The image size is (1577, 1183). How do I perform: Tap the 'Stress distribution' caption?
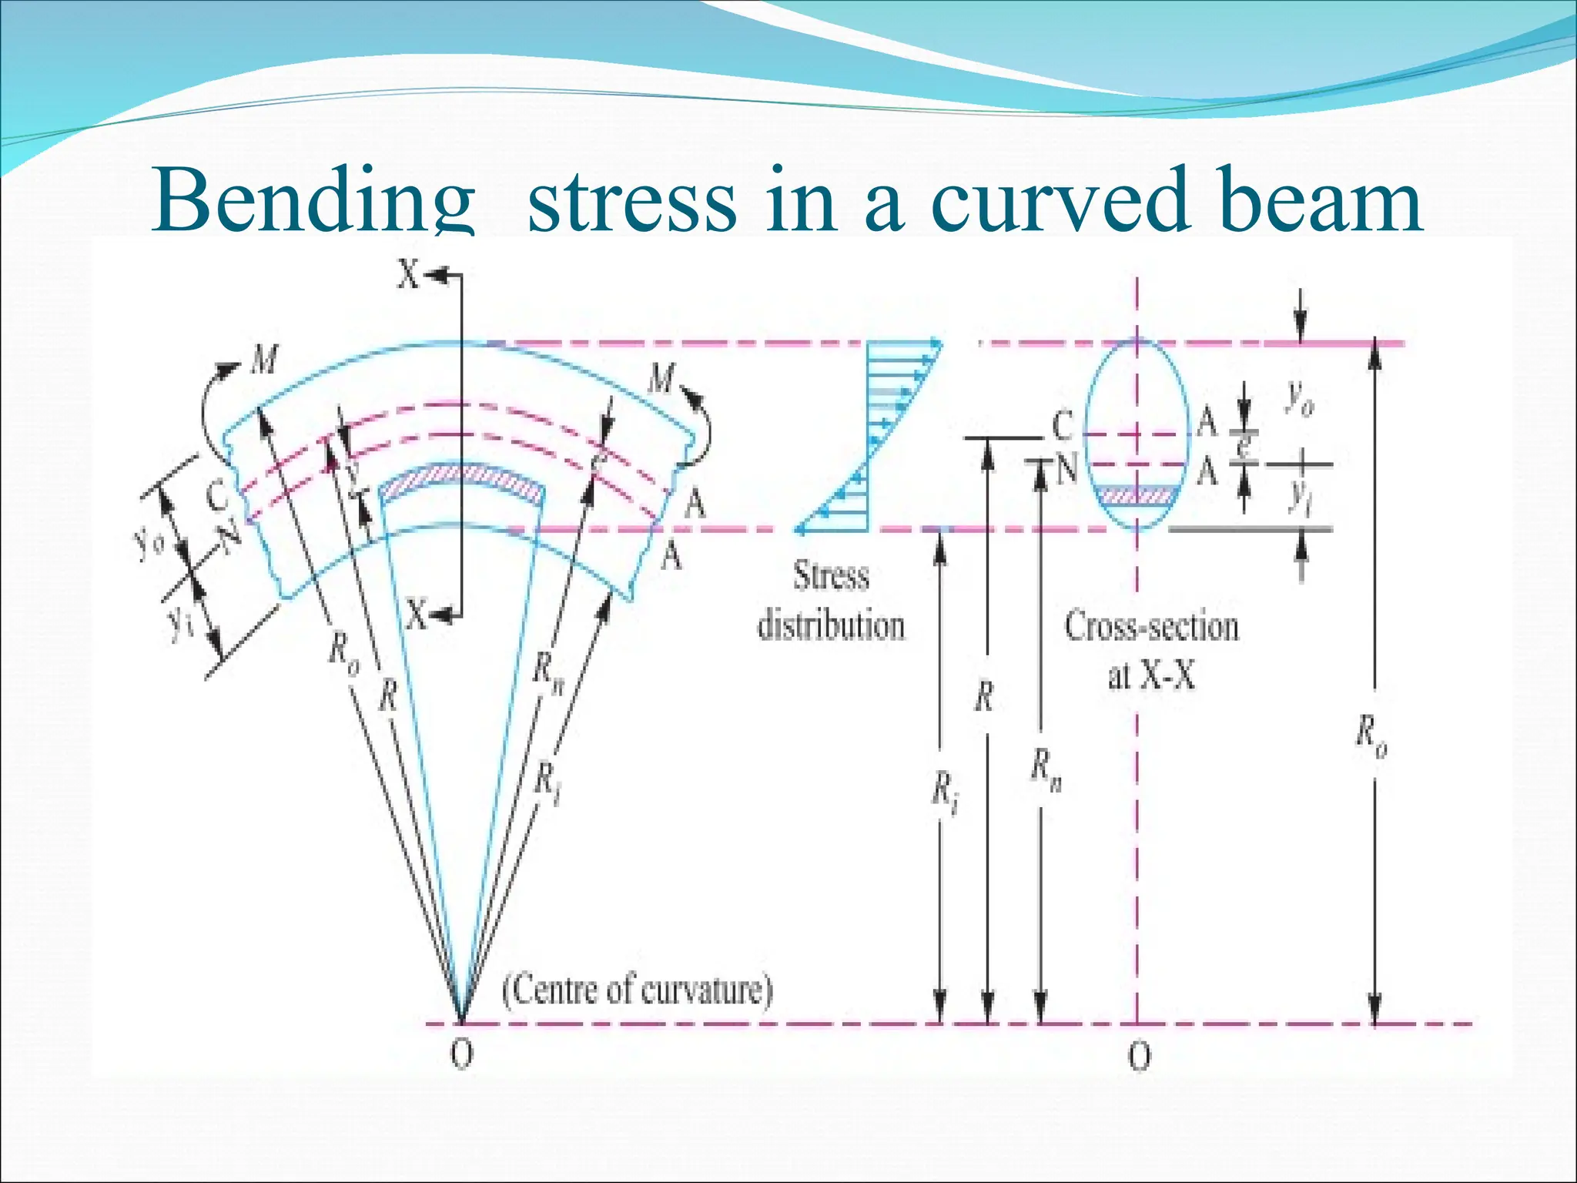pyautogui.click(x=831, y=601)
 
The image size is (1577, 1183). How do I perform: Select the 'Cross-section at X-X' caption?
pyautogui.click(x=1151, y=652)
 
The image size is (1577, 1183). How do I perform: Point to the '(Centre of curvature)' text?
pyautogui.click(x=637, y=990)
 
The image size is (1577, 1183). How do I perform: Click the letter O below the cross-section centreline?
pyautogui.click(x=1139, y=1056)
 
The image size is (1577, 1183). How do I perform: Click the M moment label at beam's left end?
pyautogui.click(x=264, y=360)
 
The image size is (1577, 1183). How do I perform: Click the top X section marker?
pyautogui.click(x=409, y=274)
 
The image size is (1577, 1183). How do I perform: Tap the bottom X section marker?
pyautogui.click(x=417, y=615)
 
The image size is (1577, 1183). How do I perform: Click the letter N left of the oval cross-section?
pyautogui.click(x=1066, y=468)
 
